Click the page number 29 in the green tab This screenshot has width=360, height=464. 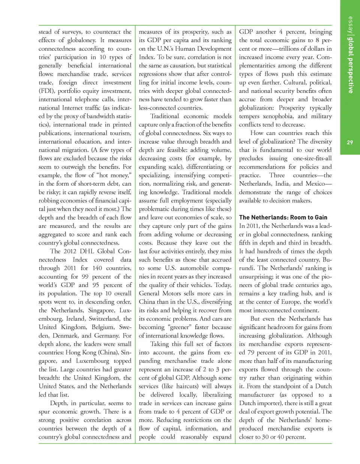coord(349,142)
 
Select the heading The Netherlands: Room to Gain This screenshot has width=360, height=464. coord(283,218)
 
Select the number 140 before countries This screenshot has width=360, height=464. coord(97,268)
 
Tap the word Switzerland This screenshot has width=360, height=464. coord(104,319)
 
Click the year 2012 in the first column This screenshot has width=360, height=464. coord(70,251)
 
